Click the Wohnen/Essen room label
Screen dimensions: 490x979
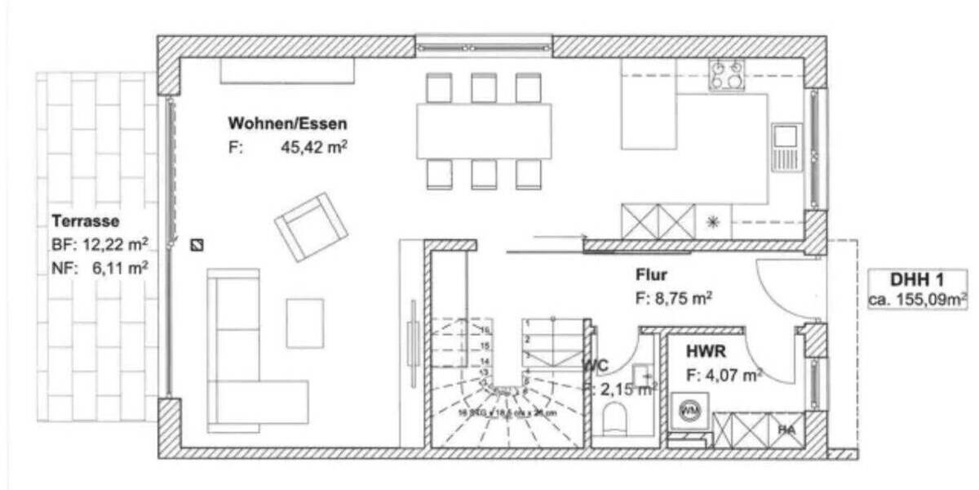287,124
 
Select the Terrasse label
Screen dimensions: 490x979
86,220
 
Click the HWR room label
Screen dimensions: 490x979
706,353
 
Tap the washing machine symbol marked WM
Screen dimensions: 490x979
689,408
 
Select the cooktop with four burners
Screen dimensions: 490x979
726,75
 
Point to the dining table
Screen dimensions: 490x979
483,131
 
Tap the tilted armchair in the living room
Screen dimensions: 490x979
311,226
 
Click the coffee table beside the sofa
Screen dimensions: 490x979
304,323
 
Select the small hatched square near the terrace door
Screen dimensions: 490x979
197,244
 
